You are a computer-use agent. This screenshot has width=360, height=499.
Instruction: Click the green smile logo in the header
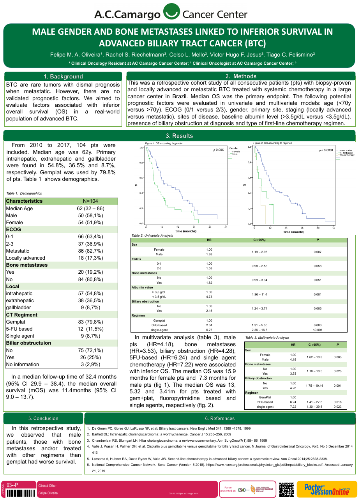point(170,12)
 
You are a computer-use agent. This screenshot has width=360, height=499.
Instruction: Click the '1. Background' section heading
point(63,76)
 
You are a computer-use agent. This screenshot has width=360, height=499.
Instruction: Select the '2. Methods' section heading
point(241,76)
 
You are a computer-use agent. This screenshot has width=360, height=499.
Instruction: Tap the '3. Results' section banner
point(179,136)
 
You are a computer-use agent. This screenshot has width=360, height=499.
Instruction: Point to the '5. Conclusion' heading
point(43,418)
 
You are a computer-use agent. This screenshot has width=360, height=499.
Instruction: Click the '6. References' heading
point(220,418)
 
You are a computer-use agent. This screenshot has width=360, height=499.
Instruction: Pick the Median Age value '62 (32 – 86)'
point(90,208)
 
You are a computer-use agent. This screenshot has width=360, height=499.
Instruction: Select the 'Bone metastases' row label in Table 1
point(27,265)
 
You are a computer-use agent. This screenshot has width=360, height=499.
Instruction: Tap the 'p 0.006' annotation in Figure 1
point(218,150)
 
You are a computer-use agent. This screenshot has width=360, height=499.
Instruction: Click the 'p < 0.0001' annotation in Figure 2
point(326,150)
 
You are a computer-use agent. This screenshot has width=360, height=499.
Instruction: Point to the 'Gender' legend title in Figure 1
point(234,148)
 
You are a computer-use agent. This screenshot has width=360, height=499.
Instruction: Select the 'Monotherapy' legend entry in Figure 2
point(347,155)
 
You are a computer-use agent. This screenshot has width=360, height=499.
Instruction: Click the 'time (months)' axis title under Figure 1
point(186,232)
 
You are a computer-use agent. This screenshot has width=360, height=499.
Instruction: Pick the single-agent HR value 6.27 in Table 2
point(209,330)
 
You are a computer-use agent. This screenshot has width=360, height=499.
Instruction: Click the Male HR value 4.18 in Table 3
point(293,359)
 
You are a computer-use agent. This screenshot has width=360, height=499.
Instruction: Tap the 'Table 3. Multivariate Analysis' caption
point(267,338)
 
